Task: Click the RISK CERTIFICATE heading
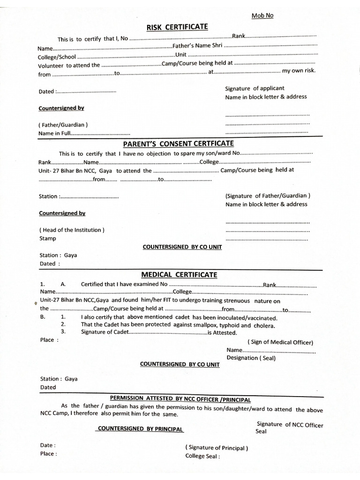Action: point(177,27)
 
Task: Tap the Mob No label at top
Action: point(262,15)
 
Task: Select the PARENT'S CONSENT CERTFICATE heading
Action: point(178,143)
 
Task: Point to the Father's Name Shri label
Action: point(197,46)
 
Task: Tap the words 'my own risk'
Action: point(299,71)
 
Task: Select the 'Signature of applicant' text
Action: point(255,88)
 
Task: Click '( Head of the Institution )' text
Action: point(72,230)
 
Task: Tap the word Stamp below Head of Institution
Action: point(48,238)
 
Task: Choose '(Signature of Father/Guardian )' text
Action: point(268,195)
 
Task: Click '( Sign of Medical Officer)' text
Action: point(280,342)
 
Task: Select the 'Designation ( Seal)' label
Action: point(251,358)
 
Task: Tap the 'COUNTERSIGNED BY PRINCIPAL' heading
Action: point(140,429)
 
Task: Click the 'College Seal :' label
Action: point(202,456)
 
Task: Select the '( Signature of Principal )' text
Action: point(217,448)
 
